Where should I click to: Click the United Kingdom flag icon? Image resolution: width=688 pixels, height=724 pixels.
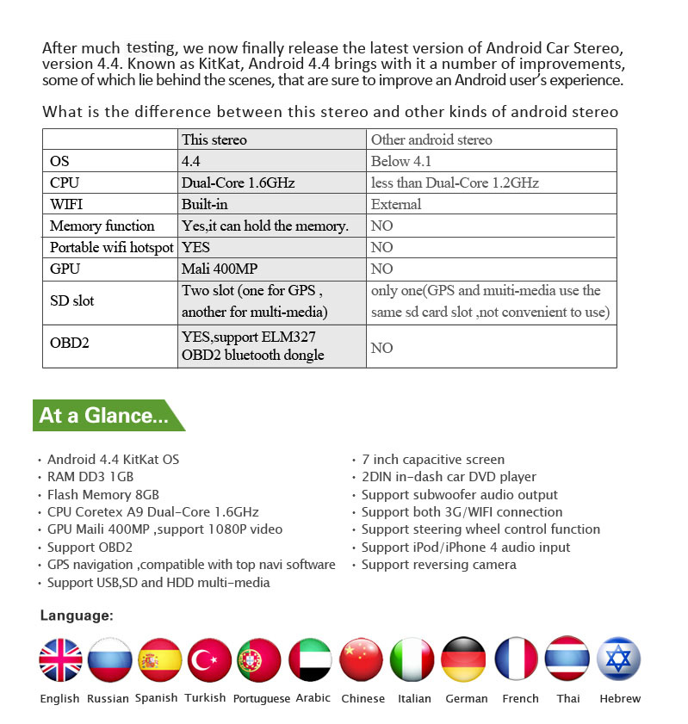[x=60, y=659]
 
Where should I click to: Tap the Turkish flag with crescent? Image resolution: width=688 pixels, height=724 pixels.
[x=209, y=659]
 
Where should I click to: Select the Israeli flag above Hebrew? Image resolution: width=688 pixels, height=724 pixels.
[x=618, y=659]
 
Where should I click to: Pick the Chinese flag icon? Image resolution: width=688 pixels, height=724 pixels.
[x=362, y=659]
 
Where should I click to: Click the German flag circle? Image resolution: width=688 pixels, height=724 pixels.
[x=464, y=659]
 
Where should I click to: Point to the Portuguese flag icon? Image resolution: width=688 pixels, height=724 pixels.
[x=259, y=659]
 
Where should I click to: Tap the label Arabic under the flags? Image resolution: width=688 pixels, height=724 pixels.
[x=313, y=698]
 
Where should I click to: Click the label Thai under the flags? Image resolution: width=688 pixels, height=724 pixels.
[x=568, y=698]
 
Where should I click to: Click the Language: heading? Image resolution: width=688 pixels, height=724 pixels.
[x=77, y=616]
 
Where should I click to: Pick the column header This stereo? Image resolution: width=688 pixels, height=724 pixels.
[x=214, y=139]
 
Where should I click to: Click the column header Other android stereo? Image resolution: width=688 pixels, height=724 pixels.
[x=431, y=139]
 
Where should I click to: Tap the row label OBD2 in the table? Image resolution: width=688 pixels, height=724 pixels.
[x=69, y=343]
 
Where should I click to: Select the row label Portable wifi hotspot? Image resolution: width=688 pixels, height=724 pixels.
[x=111, y=247]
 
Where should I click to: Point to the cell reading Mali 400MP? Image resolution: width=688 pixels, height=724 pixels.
[x=220, y=269]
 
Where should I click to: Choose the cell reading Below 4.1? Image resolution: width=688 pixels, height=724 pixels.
[x=400, y=161]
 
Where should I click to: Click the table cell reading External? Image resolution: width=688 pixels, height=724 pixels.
[x=396, y=204]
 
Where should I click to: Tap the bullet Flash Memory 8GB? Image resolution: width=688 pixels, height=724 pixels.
[x=103, y=494]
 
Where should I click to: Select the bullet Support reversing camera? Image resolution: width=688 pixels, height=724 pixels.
[x=438, y=565]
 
